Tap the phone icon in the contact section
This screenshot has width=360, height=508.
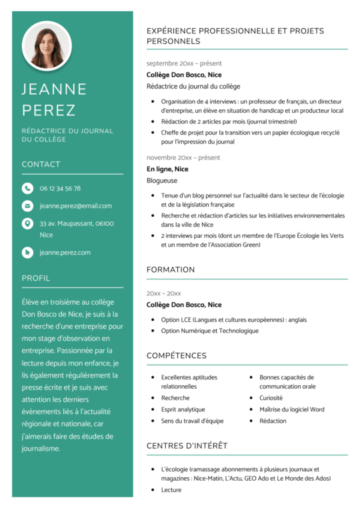[27, 188]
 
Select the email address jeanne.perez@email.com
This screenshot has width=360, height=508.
[75, 206]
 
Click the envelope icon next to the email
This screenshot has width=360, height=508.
[27, 206]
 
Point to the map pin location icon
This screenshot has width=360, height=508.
[27, 224]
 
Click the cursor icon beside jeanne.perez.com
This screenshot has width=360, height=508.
[27, 253]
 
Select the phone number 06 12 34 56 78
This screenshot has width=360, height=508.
[60, 189]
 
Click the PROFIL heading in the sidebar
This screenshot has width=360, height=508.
[36, 278]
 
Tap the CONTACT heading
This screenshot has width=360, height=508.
[41, 164]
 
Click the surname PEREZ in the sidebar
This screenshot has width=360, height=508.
[49, 110]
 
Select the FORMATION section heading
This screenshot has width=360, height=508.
[171, 269]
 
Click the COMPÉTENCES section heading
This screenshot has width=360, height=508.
[177, 355]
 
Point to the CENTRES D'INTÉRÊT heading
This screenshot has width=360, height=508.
[187, 445]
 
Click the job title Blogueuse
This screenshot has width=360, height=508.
[162, 180]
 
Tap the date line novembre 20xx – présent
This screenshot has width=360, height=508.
[183, 158]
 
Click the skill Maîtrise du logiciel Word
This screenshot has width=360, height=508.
[292, 409]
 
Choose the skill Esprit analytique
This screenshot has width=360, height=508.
[183, 409]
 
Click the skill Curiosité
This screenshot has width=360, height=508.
[271, 398]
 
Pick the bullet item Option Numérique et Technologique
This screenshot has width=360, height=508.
[209, 331]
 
